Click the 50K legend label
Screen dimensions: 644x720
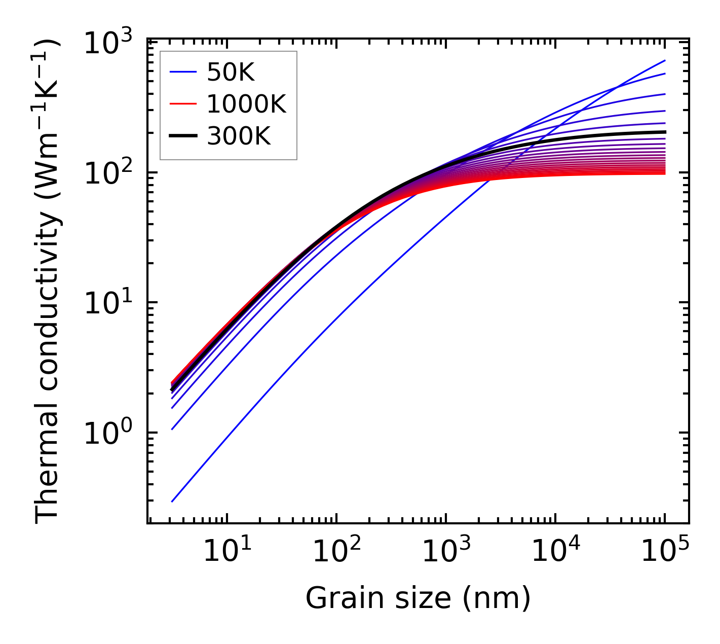point(231,73)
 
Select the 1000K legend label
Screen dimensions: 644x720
point(246,104)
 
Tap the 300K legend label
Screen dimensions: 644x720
point(239,136)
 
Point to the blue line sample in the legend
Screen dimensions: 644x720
point(183,73)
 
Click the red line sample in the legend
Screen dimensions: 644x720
point(183,104)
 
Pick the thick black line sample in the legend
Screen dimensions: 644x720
point(183,136)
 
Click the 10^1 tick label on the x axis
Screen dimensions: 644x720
point(226,552)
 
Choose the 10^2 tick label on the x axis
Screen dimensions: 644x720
point(336,552)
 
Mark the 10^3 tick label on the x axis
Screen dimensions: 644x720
point(446,552)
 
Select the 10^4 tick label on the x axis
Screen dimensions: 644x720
point(555,552)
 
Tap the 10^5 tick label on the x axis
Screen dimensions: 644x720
point(665,552)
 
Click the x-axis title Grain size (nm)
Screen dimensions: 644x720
point(418,598)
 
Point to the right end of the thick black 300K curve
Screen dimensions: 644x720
point(665,132)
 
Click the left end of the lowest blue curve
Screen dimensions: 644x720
point(172,502)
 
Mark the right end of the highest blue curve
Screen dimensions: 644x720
point(665,60)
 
